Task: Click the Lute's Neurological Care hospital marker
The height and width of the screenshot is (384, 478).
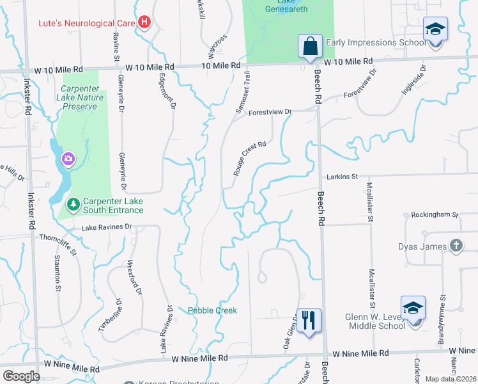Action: (145, 23)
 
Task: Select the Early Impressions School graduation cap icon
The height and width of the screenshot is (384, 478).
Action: (435, 29)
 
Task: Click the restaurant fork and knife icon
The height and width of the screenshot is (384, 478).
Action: (309, 320)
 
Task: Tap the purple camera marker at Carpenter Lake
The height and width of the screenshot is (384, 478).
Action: (68, 158)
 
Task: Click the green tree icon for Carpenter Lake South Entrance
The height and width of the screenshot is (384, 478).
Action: (74, 205)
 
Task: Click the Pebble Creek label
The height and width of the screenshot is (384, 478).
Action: (212, 310)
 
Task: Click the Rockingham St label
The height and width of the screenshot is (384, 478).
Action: (435, 215)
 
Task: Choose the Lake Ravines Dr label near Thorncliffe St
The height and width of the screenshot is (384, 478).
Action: (106, 227)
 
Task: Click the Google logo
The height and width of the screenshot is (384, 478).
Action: (22, 376)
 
